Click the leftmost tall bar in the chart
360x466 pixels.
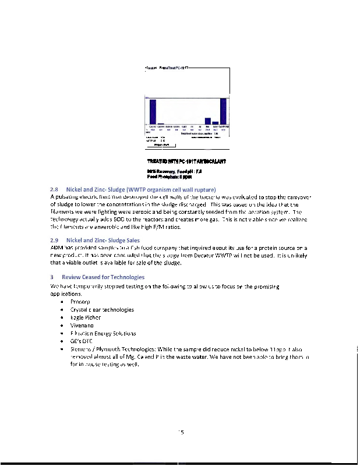(153, 111)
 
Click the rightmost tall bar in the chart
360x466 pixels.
(223, 111)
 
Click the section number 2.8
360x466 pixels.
(55, 190)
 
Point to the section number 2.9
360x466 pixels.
(55, 240)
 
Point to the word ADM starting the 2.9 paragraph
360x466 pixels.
(57, 249)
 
